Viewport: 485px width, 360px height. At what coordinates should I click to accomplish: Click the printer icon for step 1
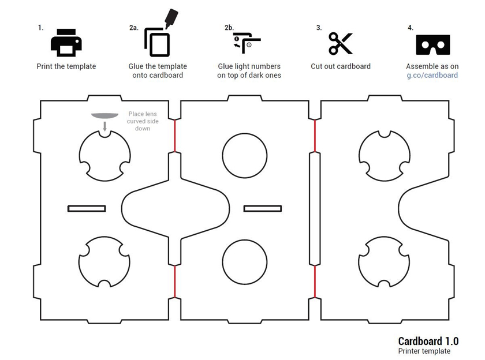pyautogui.click(x=66, y=41)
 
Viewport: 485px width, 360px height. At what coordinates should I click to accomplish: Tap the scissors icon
pyautogui.click(x=341, y=43)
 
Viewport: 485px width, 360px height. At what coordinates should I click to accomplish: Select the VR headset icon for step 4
pyautogui.click(x=432, y=44)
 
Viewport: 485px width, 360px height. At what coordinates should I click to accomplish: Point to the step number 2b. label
pyautogui.click(x=229, y=28)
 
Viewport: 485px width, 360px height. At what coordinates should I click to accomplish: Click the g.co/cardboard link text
pyautogui.click(x=432, y=75)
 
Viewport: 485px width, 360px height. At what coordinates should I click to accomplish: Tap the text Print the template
pyautogui.click(x=66, y=66)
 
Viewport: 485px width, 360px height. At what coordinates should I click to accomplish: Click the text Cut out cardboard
pyautogui.click(x=341, y=66)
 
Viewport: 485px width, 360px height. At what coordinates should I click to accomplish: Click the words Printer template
pyautogui.click(x=424, y=351)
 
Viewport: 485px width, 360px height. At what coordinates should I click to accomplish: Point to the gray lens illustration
pyautogui.click(x=104, y=118)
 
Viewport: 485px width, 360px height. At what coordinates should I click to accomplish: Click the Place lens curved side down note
pyautogui.click(x=143, y=121)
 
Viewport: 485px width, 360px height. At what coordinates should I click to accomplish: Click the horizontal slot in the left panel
pyautogui.click(x=86, y=208)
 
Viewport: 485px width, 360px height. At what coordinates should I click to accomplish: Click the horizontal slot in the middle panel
pyautogui.click(x=263, y=208)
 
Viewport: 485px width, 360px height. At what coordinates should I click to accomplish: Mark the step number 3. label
pyautogui.click(x=319, y=28)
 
